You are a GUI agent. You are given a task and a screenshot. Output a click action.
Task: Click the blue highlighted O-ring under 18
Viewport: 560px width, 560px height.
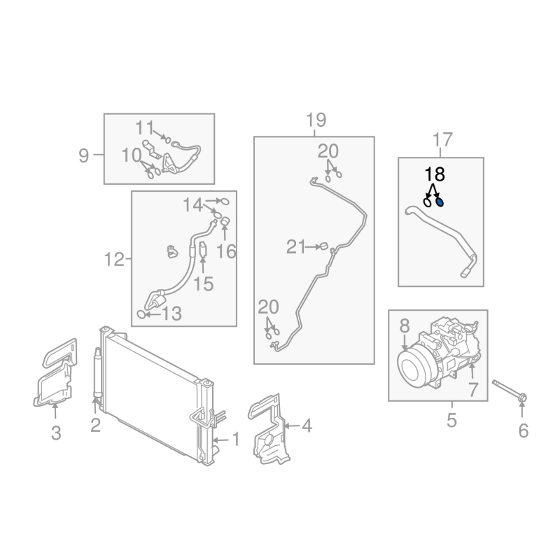pyautogui.click(x=440, y=202)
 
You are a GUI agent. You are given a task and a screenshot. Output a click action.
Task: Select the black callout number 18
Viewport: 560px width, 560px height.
pyautogui.click(x=434, y=175)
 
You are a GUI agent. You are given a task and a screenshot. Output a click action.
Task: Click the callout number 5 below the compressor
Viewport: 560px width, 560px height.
pyautogui.click(x=451, y=421)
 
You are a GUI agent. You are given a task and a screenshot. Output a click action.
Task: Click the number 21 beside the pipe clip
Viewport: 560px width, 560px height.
pyautogui.click(x=296, y=246)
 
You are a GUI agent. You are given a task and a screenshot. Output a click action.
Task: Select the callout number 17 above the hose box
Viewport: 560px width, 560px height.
pyautogui.click(x=442, y=141)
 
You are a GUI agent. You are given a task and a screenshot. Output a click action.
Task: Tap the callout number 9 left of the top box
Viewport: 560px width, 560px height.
pyautogui.click(x=84, y=155)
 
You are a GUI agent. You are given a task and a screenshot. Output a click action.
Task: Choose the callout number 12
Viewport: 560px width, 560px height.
pyautogui.click(x=113, y=260)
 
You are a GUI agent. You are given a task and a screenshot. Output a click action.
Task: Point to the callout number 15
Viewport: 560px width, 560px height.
pyautogui.click(x=203, y=283)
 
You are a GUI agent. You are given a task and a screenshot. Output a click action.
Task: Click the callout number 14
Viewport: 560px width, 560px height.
pyautogui.click(x=193, y=204)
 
